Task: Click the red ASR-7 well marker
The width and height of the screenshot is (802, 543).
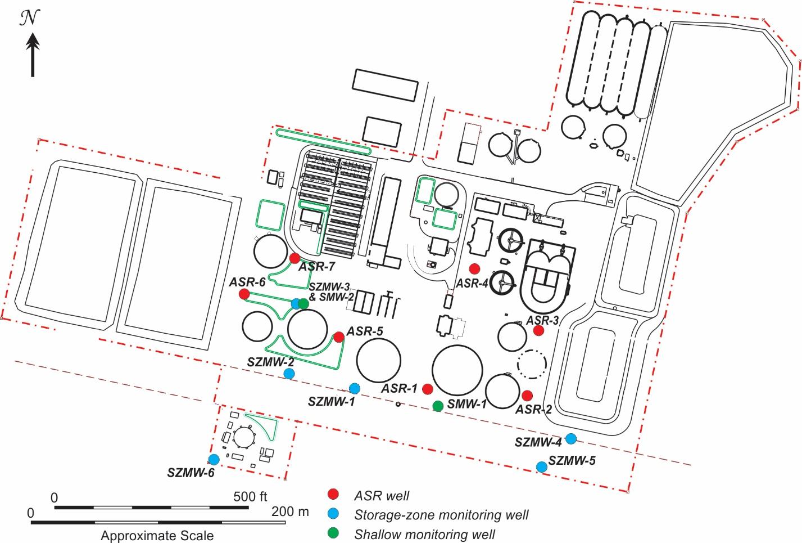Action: click(294, 258)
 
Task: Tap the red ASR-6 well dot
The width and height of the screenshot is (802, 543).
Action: click(244, 294)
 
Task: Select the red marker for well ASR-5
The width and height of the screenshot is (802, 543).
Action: click(339, 337)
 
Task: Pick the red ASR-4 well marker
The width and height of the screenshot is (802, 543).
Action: click(474, 268)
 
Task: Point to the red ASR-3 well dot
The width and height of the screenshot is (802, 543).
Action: click(538, 331)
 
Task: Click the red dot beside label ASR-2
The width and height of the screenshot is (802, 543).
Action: click(527, 396)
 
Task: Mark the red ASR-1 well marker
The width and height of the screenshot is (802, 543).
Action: click(428, 389)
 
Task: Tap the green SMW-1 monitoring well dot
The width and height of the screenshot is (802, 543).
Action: click(438, 406)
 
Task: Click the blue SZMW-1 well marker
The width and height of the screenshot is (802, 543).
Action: click(355, 388)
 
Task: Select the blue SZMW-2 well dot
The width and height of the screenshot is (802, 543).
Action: click(289, 373)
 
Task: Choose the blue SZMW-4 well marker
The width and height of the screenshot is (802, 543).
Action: click(571, 438)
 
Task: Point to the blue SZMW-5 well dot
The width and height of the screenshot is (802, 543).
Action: click(541, 466)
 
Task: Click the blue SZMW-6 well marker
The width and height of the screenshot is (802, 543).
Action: click(214, 460)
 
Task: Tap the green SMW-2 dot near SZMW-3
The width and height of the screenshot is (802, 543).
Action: click(303, 303)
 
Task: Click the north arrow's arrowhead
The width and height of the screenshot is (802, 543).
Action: click(33, 41)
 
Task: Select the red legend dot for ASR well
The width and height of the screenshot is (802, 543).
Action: click(334, 494)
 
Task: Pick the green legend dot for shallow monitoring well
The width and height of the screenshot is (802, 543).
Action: click(334, 533)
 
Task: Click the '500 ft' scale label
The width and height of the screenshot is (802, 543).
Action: click(251, 497)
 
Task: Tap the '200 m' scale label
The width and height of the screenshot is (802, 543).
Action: click(290, 512)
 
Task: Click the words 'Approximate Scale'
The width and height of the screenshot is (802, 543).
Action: click(157, 535)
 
